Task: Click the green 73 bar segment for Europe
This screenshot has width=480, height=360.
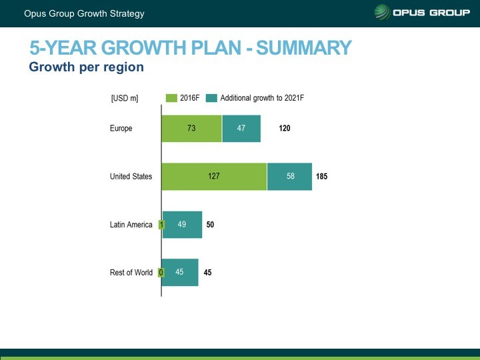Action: tap(191, 129)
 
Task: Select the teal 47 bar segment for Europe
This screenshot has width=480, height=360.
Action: tap(241, 129)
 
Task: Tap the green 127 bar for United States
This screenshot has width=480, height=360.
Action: tap(214, 177)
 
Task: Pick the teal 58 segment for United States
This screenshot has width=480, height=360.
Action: tap(289, 177)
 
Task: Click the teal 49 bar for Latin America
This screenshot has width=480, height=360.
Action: tap(183, 225)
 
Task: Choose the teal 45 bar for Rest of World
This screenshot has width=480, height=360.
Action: tap(180, 272)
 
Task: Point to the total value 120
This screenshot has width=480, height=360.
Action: tap(285, 129)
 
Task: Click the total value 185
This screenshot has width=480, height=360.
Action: tap(322, 177)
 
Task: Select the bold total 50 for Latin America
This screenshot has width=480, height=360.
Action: tap(210, 225)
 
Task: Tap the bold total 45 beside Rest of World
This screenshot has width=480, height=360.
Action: tap(207, 272)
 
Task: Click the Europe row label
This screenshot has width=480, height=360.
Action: tap(121, 129)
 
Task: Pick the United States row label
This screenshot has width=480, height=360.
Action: tap(131, 177)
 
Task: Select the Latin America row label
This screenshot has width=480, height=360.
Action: tap(131, 225)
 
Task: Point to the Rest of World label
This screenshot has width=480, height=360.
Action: tap(131, 272)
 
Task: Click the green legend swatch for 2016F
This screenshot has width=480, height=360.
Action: tap(171, 98)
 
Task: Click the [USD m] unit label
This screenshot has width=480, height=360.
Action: tap(125, 99)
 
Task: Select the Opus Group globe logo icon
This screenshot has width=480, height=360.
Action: tap(383, 13)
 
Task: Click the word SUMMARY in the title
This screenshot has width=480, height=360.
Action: tap(304, 48)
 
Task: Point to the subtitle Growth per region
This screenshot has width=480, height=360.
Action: tap(86, 67)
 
